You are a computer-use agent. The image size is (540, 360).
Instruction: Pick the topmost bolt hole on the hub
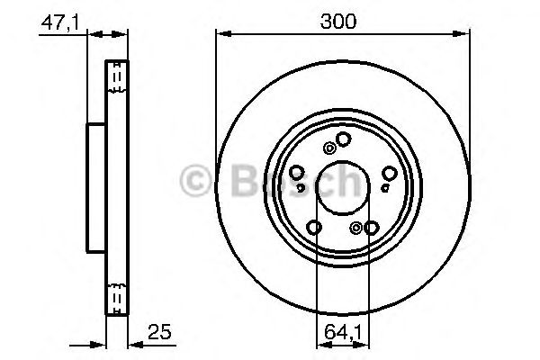[x=343, y=138]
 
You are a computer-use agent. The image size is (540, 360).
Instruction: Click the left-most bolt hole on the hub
[x=298, y=173]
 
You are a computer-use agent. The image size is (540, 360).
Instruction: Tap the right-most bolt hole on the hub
[x=389, y=173]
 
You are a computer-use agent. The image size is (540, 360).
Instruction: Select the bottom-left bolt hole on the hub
[x=315, y=226]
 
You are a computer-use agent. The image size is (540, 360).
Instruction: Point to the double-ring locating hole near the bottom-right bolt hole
[x=356, y=228]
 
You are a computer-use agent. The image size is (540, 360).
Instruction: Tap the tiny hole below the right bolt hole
[x=384, y=187]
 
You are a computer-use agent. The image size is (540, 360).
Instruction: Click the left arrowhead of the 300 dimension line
[x=220, y=34]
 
